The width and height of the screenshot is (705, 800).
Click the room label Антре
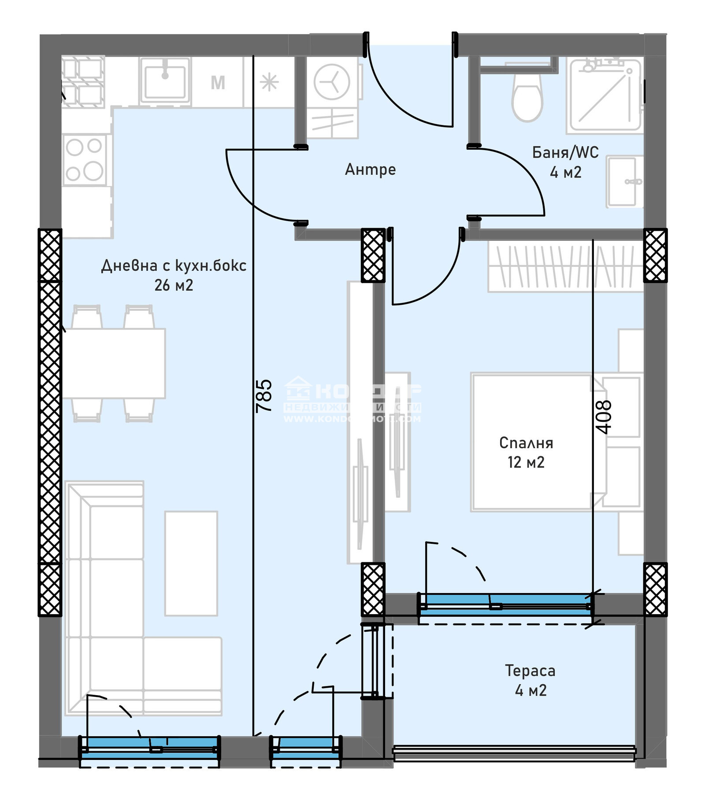(370, 170)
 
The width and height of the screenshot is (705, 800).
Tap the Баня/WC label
(565, 152)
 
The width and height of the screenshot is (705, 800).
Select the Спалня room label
(526, 442)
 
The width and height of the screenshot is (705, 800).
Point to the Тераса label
(530, 671)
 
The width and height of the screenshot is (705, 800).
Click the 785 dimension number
(264, 396)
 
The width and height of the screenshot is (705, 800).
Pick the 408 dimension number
(603, 417)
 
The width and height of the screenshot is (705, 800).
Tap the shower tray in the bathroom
(605, 96)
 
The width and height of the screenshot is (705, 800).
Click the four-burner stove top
(85, 159)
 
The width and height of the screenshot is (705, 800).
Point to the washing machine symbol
(332, 82)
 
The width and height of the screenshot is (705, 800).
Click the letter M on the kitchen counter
(218, 82)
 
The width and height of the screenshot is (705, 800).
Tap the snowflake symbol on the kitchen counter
(269, 82)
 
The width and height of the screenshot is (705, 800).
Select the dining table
(114, 363)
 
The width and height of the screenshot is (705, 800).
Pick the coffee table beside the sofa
(191, 563)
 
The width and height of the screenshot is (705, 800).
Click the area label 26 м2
(174, 285)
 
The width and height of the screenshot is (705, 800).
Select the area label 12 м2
(526, 462)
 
